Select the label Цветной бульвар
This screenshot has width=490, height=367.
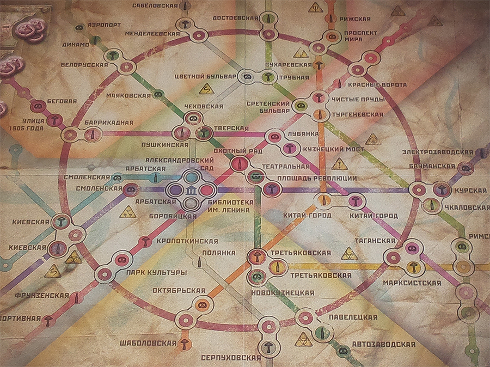click(x=206, y=76)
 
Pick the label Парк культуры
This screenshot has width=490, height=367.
click(x=156, y=272)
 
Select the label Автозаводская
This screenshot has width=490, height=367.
click(x=383, y=345)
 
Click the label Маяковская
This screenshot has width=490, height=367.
click(x=128, y=95)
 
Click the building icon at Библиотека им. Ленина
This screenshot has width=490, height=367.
click(x=191, y=190)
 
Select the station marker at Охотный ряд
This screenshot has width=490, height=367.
click(x=238, y=163)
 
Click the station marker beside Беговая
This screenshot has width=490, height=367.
click(x=38, y=107)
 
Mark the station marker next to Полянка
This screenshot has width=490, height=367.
click(x=199, y=262)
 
